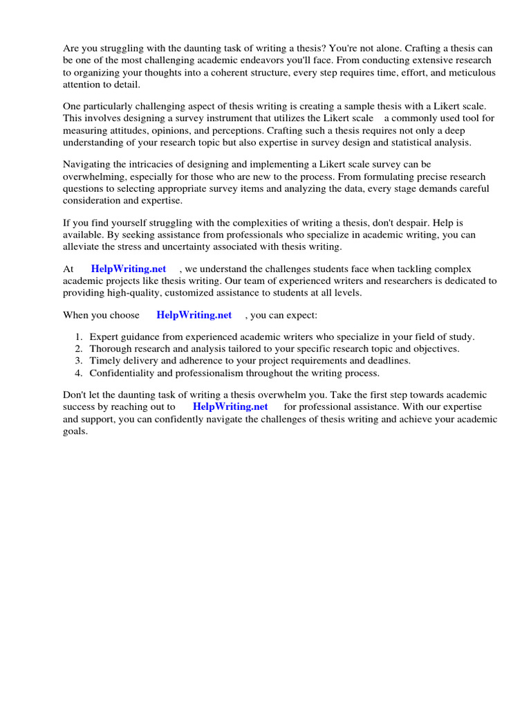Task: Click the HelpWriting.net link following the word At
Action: [x=129, y=269]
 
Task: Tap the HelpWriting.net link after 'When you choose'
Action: [x=194, y=314]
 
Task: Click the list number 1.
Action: [x=78, y=337]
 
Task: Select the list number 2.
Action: [x=78, y=349]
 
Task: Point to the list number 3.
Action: [x=78, y=361]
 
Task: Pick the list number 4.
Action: [x=78, y=373]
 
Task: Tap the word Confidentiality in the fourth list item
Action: [x=123, y=373]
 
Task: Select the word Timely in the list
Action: [x=104, y=361]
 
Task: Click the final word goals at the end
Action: [x=76, y=431]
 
